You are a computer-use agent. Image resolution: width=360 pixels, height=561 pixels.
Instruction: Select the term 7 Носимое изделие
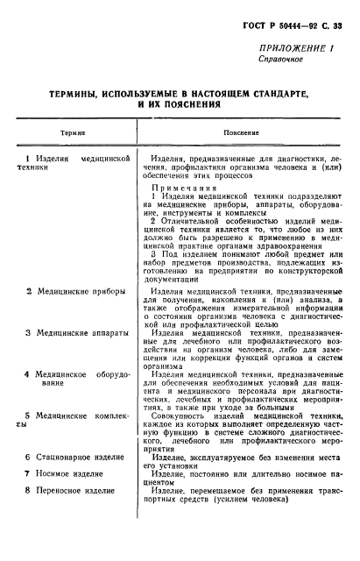point(64,498)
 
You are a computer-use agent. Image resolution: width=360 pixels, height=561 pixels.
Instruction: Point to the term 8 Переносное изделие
point(70,515)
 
